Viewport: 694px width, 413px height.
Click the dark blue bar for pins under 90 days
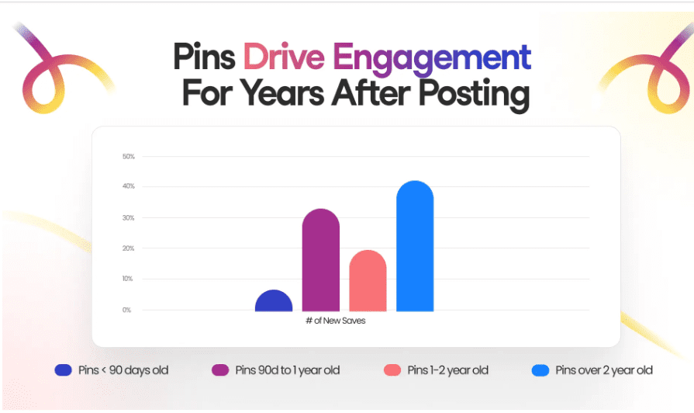click(274, 301)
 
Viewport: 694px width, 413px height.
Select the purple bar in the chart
click(320, 261)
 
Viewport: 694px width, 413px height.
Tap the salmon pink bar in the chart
click(368, 281)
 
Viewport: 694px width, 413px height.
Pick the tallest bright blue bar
click(415, 247)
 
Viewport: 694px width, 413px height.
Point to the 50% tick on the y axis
click(129, 157)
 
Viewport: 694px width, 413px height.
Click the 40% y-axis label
click(129, 187)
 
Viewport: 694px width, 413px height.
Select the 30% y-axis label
click(129, 218)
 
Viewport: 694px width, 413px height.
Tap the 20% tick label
click(129, 248)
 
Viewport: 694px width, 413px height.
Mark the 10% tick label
click(129, 279)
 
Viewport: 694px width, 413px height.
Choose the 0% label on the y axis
click(126, 310)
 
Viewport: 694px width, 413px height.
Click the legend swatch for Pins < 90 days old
click(64, 370)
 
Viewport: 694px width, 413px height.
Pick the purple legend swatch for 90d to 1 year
click(220, 370)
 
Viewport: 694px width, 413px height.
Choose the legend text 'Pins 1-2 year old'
click(447, 370)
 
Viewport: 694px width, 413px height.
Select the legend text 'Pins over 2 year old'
click(604, 370)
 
